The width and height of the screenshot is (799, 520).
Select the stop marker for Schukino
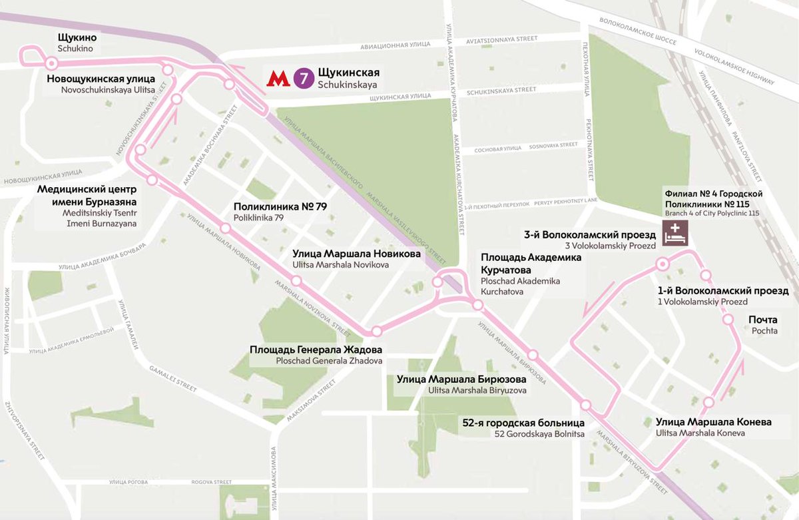[x=51, y=63]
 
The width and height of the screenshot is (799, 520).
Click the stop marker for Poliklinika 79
[x=226, y=228]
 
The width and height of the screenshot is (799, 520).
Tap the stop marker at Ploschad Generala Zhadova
[x=376, y=331]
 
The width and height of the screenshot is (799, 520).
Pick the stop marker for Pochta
[x=728, y=320]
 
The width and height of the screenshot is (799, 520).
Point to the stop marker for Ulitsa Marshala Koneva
[x=708, y=402]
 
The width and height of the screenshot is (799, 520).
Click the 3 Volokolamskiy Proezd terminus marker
[x=663, y=264]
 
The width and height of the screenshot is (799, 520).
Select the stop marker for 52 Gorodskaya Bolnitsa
[x=586, y=405]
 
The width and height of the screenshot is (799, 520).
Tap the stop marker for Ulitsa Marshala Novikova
[x=296, y=282]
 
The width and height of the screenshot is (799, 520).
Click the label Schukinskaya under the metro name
[x=347, y=85]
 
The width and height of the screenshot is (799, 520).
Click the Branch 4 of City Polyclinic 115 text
[x=712, y=213]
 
